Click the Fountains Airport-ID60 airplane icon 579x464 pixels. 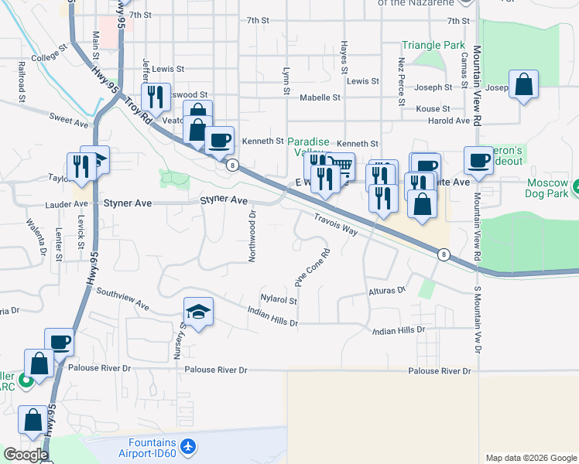pyautogui.click(x=187, y=447)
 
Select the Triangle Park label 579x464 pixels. pyautogui.click(x=433, y=46)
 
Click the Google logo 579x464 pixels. pyautogui.click(x=26, y=455)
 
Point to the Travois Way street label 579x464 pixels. pyautogui.click(x=335, y=225)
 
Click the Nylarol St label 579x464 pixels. pyautogui.click(x=279, y=298)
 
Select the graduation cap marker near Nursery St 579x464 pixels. pyautogui.click(x=198, y=312)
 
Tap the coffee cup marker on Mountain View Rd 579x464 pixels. pyautogui.click(x=478, y=160)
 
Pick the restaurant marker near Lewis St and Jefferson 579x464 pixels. pyautogui.click(x=156, y=96)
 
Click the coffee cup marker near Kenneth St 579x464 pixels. pyautogui.click(x=220, y=140)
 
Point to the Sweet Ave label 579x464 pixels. pyautogui.click(x=69, y=121)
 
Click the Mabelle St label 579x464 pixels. pyautogui.click(x=320, y=97)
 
